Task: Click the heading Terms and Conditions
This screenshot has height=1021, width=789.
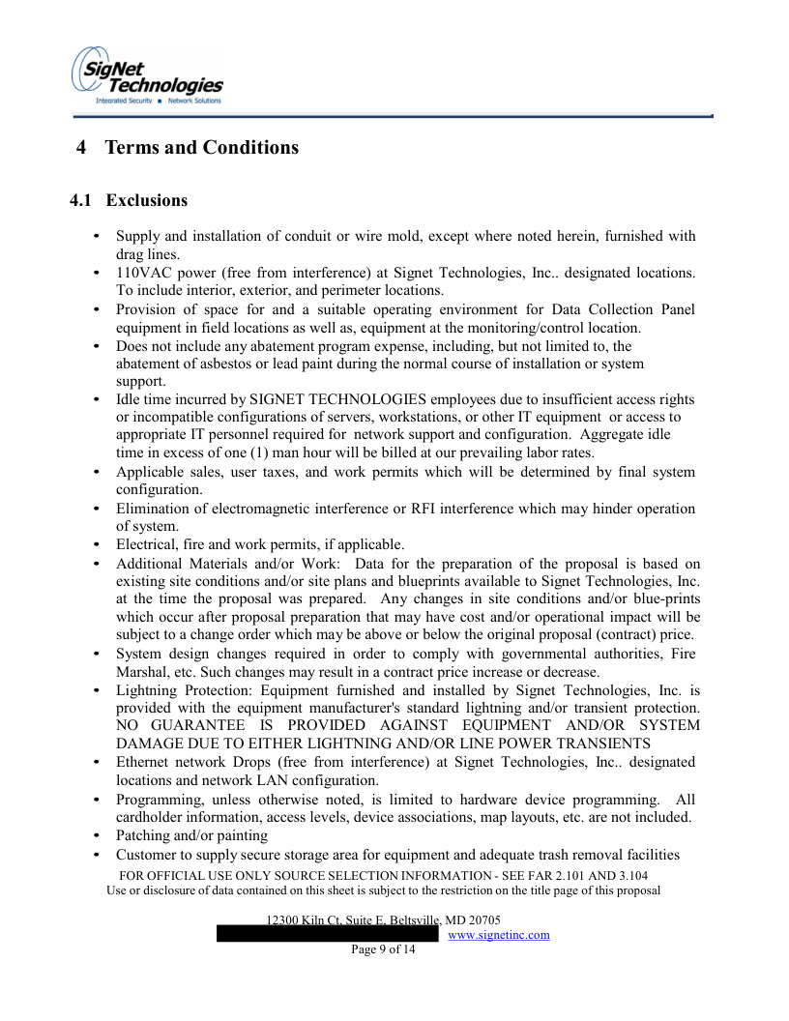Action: [x=201, y=148]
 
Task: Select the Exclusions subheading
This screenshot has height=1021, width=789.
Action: [x=147, y=201]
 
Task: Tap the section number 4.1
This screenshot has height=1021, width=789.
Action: [x=82, y=201]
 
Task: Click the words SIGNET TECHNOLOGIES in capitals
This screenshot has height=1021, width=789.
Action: [x=325, y=399]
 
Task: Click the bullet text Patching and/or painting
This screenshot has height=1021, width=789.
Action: [x=191, y=835]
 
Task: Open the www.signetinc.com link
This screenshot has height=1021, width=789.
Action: [x=499, y=935]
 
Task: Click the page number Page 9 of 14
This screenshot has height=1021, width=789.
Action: [x=383, y=950]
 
